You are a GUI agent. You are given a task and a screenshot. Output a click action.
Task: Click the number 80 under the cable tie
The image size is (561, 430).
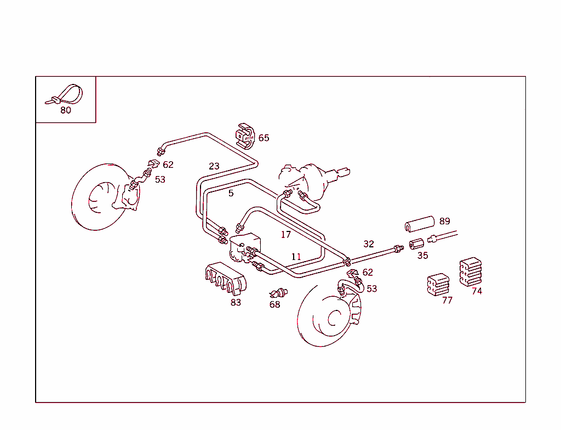coord(66,110)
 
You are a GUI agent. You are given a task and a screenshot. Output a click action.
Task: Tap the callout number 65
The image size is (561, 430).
coord(264,138)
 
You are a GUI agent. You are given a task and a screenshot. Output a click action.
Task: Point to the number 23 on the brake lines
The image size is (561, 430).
coord(214,166)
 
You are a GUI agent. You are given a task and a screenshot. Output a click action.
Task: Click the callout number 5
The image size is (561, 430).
coord(231,193)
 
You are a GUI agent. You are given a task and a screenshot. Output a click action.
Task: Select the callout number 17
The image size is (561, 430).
coord(286,235)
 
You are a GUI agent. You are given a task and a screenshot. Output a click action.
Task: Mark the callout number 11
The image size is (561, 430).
coord(296,257)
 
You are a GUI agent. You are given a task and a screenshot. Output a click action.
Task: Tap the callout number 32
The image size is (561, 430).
coord(369,244)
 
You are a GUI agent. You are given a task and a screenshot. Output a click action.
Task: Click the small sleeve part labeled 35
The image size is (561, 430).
coord(417,242)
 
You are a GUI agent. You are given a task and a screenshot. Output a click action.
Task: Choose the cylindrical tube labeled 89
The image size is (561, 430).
coord(419,224)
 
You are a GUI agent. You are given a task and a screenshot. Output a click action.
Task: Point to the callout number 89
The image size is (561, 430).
coord(445,221)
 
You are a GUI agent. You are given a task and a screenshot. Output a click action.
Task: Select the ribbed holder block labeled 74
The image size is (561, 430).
coord(470,271)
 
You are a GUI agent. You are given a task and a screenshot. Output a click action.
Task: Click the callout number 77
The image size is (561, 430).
coord(448,300)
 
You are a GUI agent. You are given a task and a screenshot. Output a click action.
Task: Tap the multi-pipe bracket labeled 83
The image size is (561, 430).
coord(225,279)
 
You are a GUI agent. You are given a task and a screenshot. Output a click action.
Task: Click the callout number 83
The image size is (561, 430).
coord(236,302)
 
